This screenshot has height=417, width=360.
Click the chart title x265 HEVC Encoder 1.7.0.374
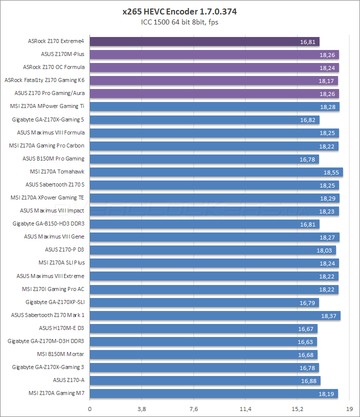point(180,11)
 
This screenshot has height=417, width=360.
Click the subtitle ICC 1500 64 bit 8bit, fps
point(180,22)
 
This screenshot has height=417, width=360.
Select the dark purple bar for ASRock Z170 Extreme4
point(204,41)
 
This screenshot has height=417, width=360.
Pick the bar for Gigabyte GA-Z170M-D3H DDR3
point(202,341)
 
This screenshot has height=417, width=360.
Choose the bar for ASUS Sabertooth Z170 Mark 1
point(214,315)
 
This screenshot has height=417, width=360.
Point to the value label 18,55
point(331,172)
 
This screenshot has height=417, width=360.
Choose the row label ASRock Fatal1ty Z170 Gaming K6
point(44,80)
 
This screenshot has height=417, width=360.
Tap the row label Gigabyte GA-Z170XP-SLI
point(55,302)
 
